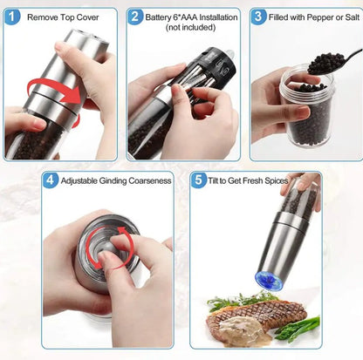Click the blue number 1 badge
coord(14,17)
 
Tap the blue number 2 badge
coord(135,17)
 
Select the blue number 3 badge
coord(259,17)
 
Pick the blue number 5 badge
coord(198,180)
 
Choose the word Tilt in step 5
coord(218,181)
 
